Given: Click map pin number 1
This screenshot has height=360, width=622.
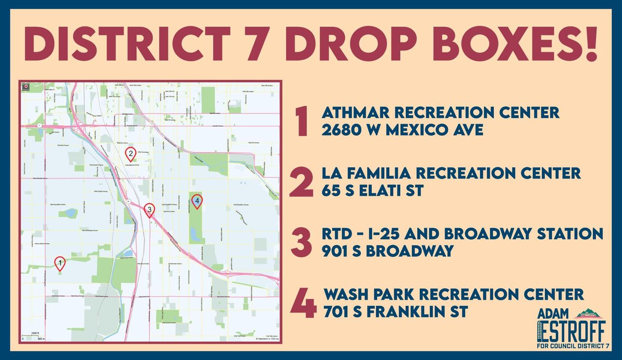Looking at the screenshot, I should pyautogui.click(x=60, y=264).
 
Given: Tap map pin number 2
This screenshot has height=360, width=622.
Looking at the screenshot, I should pyautogui.click(x=131, y=153).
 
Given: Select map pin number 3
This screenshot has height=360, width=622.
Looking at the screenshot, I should pyautogui.click(x=149, y=209).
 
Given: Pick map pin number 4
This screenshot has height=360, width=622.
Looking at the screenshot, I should pyautogui.click(x=196, y=200).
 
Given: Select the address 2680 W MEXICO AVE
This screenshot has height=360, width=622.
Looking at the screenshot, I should pyautogui.click(x=402, y=130).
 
